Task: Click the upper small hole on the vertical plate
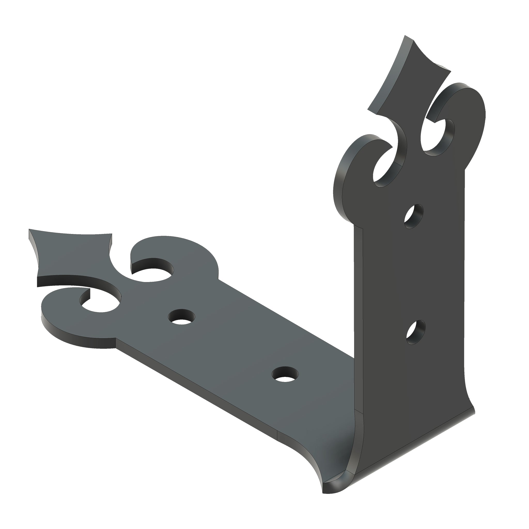point(414,213)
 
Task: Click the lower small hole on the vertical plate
point(416,332)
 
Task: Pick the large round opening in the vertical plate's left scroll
point(386,170)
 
